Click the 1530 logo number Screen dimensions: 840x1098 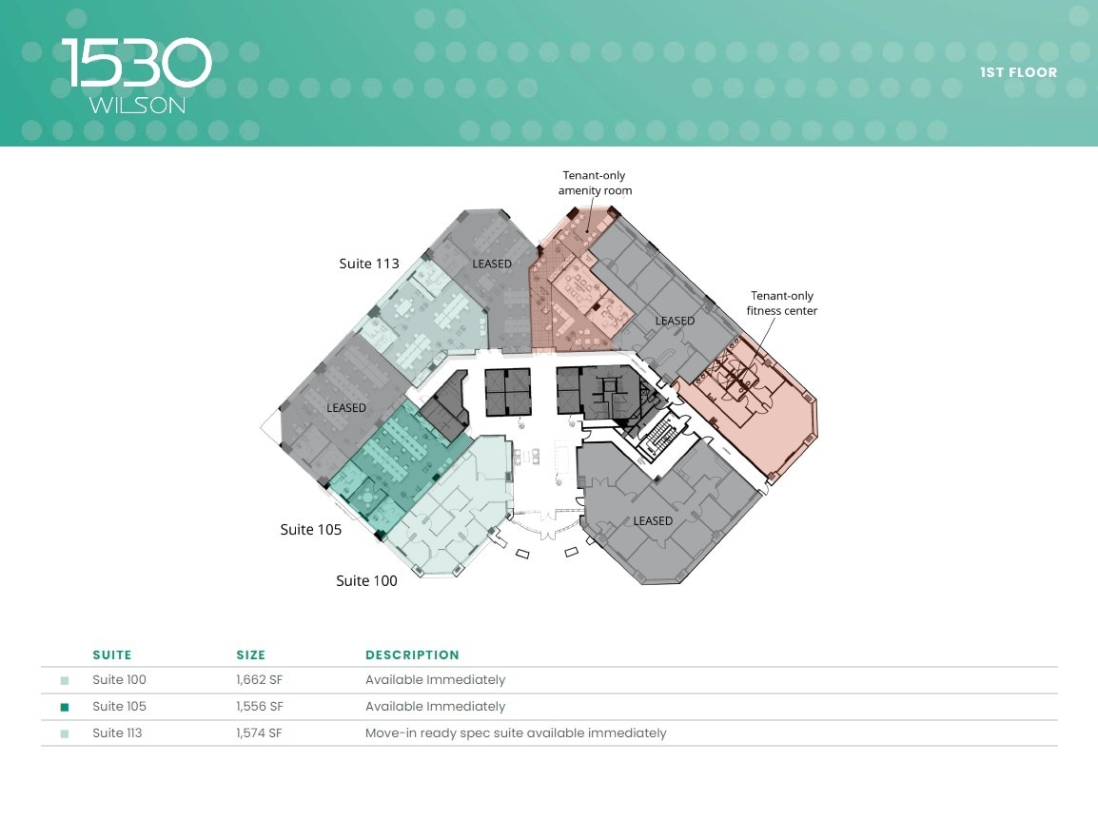click(136, 64)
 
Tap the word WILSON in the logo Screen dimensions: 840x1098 click(137, 105)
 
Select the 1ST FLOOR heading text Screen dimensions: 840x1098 click(1018, 72)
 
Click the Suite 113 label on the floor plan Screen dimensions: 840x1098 click(369, 264)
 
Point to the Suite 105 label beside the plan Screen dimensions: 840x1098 click(310, 530)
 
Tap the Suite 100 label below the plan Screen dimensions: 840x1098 click(366, 580)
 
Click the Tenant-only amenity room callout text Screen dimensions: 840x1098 click(595, 183)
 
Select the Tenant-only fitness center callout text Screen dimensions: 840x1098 click(782, 303)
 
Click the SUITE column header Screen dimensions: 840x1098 click(112, 654)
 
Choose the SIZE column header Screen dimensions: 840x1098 click(251, 654)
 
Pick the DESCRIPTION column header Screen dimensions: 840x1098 click(412, 654)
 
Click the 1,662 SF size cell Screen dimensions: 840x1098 click(260, 680)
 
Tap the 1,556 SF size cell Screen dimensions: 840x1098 click(260, 707)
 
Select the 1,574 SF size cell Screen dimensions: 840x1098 click(260, 733)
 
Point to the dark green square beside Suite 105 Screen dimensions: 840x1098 click(65, 707)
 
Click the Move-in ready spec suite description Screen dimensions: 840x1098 click(516, 733)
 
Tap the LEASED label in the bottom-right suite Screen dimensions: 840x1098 click(653, 520)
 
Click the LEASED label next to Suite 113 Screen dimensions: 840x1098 click(492, 264)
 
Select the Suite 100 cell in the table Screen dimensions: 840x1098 click(119, 680)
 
